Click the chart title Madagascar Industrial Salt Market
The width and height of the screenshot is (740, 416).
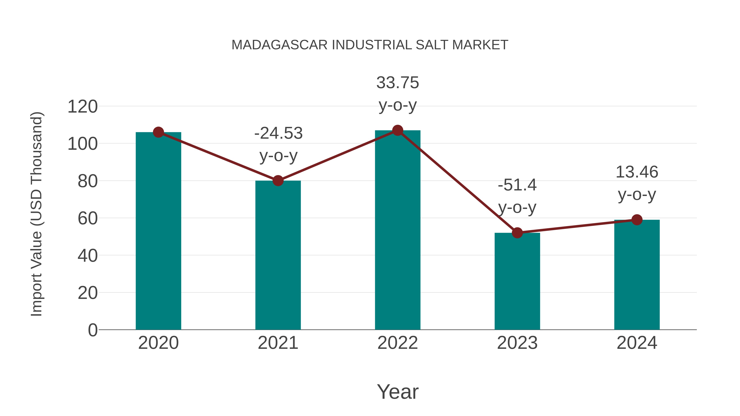pos(370,45)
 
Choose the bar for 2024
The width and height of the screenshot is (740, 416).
pos(637,276)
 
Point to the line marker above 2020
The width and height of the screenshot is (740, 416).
pos(158,132)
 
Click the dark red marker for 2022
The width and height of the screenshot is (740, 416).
pos(398,130)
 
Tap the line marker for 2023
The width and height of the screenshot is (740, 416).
pos(517,233)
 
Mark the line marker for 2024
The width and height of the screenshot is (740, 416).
pos(637,220)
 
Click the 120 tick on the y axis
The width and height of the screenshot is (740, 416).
pos(82,107)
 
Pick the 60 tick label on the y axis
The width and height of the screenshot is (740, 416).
pos(87,219)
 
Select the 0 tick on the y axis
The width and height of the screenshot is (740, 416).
pos(92,330)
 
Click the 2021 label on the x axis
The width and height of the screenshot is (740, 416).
pos(278,343)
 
